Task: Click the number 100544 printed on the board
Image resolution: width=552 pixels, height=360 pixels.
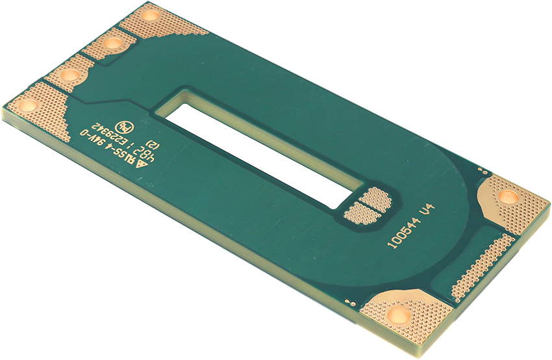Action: pyautogui.click(x=403, y=233)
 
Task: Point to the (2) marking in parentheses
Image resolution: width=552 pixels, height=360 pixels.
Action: pyautogui.click(x=153, y=143)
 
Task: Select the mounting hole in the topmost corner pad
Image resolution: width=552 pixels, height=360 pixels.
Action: pyautogui.click(x=151, y=14)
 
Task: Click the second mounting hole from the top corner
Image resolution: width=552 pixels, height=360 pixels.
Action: pyautogui.click(x=112, y=44)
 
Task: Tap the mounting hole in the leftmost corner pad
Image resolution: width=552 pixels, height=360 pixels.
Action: pyautogui.click(x=28, y=104)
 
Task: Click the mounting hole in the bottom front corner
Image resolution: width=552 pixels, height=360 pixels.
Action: pyautogui.click(x=398, y=316)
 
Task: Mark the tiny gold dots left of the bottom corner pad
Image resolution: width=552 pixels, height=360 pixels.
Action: pyautogui.click(x=351, y=302)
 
